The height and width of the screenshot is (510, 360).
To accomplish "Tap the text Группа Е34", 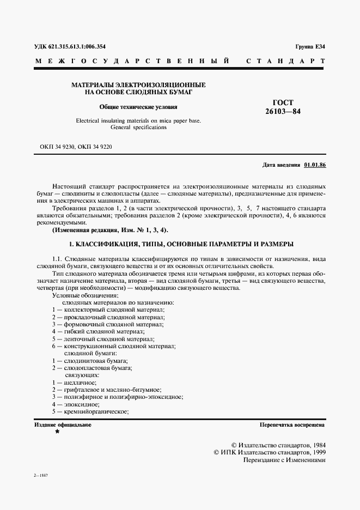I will tap(310, 47).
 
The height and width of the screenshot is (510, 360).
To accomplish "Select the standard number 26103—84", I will tap(283, 111).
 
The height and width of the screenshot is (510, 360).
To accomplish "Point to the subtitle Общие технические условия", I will tap(138, 107).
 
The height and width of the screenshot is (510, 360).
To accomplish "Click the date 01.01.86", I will tap(315, 164).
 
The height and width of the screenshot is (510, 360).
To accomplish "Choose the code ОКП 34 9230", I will tap(58, 147).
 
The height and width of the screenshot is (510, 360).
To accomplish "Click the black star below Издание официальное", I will tap(57, 431).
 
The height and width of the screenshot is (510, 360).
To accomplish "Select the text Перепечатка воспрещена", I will tap(292, 424).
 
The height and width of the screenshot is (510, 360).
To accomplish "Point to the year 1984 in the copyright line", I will tap(316, 445).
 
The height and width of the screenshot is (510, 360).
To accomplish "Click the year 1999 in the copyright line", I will tap(316, 452).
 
